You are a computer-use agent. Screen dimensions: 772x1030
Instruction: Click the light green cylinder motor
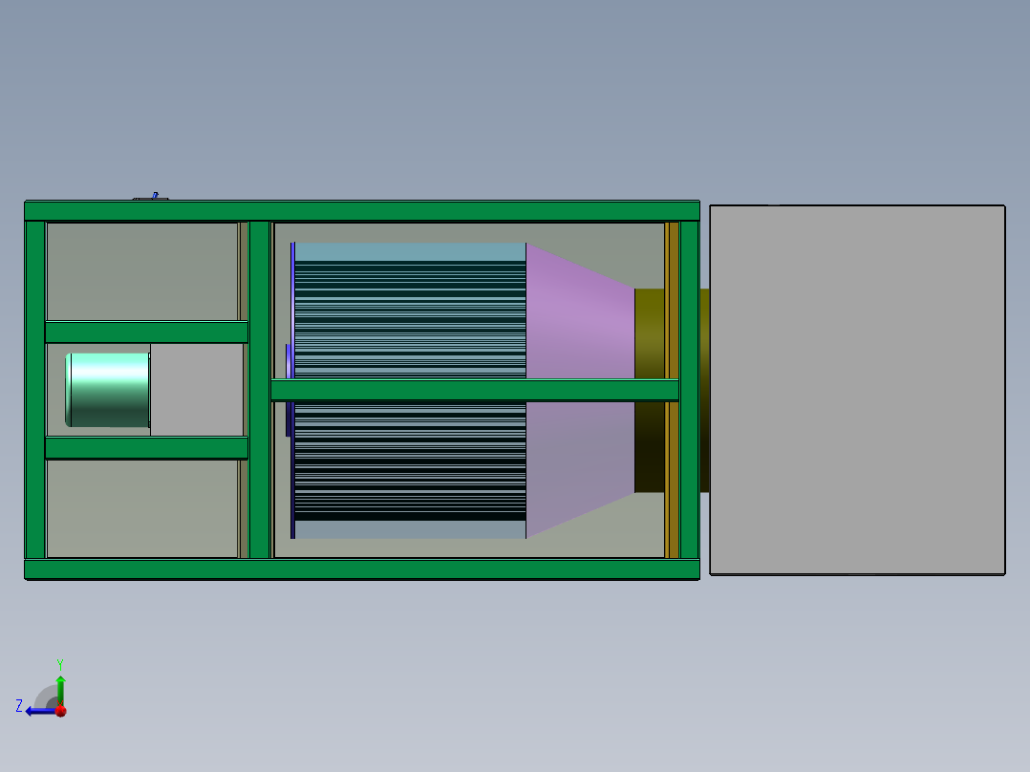pos(108,389)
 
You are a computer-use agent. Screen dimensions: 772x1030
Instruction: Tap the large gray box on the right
pos(857,390)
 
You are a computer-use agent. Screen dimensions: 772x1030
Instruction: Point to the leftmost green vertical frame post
pos(34,390)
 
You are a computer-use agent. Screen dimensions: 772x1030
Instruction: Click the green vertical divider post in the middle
pos(260,390)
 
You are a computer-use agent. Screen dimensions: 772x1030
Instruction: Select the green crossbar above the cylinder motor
pos(146,332)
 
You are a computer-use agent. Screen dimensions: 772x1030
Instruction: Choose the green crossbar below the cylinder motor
pos(146,448)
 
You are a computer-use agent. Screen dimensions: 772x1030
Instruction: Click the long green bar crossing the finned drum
pos(474,390)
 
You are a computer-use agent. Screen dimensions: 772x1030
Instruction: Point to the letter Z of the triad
pos(19,705)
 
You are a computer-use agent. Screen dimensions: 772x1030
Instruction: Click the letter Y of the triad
pos(60,663)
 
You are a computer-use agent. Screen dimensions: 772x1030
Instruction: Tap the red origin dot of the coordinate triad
pos(60,711)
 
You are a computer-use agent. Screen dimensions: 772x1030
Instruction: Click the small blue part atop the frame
pos(152,197)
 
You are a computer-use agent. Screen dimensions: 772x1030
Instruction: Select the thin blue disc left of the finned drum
pos(288,390)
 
